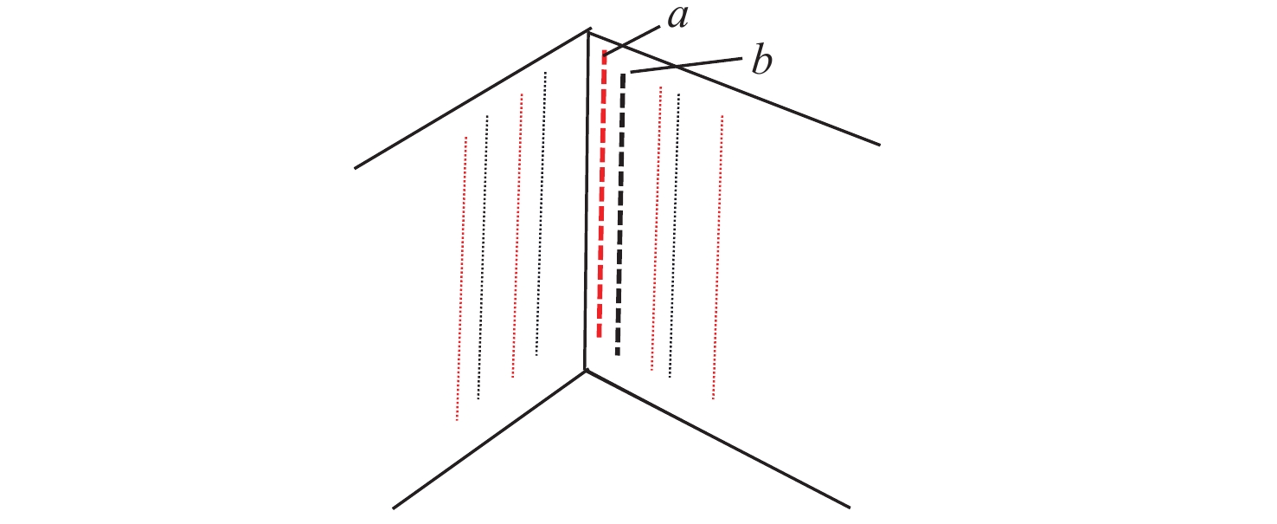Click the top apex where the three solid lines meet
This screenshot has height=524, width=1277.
[x=589, y=31]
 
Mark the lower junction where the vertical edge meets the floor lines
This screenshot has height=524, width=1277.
[x=586, y=371]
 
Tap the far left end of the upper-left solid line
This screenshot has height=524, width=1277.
[x=356, y=168]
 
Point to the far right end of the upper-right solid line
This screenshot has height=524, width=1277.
[x=880, y=145]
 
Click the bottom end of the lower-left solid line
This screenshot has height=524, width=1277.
[x=394, y=508]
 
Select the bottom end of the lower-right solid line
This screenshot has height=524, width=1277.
[x=850, y=507]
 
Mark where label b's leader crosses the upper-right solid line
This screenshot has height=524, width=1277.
[x=676, y=67]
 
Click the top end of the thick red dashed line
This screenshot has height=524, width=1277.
[x=605, y=51]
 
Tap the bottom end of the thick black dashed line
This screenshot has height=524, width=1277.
[x=618, y=354]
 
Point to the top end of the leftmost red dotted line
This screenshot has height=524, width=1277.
[x=465, y=138]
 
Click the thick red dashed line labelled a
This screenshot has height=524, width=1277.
[x=602, y=194]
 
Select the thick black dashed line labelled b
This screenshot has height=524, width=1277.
[x=620, y=214]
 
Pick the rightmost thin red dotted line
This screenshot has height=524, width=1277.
[x=718, y=257]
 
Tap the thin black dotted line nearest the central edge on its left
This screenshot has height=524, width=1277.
[x=541, y=214]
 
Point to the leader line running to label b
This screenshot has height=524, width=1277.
[x=686, y=65]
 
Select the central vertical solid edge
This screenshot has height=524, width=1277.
[x=587, y=201]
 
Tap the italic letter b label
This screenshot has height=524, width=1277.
[x=761, y=61]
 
